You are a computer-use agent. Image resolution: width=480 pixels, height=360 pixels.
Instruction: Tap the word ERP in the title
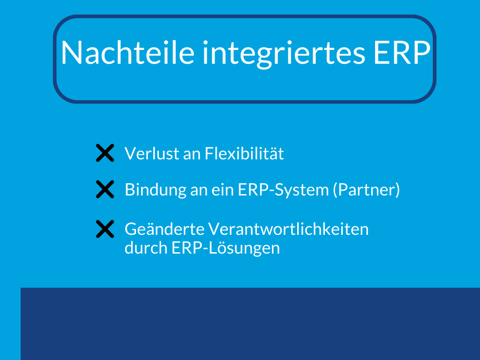click(x=401, y=52)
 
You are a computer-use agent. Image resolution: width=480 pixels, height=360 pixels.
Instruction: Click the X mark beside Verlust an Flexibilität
click(x=105, y=153)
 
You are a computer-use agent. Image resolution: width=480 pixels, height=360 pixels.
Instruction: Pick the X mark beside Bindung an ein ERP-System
click(x=105, y=190)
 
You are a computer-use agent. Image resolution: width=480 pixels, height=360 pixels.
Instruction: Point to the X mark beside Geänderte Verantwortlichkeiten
click(x=105, y=229)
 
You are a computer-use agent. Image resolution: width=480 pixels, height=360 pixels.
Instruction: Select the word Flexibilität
click(x=244, y=154)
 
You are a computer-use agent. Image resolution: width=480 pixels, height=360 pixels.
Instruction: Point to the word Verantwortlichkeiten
click(x=288, y=229)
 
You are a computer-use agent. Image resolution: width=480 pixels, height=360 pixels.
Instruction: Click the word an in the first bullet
click(x=192, y=154)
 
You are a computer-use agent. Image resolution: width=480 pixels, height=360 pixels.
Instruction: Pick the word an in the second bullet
click(x=202, y=190)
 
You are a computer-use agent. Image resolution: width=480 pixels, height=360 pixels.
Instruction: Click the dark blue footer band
click(x=250, y=323)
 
